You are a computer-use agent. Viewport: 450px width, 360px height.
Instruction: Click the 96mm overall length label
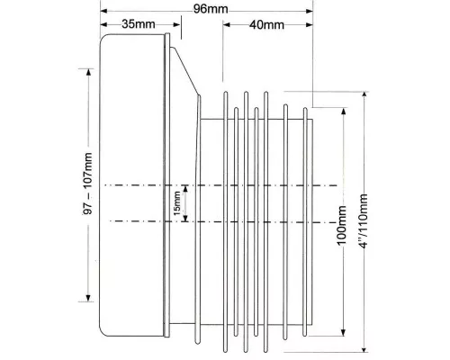tap(211, 9)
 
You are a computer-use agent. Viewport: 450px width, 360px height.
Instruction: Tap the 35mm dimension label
tap(139, 24)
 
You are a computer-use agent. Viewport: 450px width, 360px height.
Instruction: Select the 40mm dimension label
tap(266, 24)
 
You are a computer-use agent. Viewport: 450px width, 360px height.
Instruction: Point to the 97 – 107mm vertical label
tap(87, 184)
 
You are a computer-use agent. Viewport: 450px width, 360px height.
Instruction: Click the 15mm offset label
tap(177, 203)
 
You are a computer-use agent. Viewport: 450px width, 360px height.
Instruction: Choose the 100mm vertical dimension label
tap(342, 225)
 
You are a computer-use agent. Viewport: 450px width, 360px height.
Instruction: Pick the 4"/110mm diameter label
tap(364, 221)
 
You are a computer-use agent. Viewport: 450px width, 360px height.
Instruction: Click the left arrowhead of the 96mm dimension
tap(103, 11)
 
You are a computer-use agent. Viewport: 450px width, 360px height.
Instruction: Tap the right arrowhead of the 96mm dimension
tap(310, 11)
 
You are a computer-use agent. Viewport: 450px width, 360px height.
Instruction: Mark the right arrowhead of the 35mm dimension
tap(177, 24)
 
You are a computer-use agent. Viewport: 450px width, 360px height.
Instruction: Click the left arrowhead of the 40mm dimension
tap(227, 24)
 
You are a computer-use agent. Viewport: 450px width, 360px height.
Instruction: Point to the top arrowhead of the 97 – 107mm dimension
tap(88, 73)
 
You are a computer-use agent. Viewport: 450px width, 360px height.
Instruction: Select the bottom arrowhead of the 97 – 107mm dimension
tap(88, 298)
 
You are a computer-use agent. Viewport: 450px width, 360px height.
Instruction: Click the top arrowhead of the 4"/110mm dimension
tap(364, 95)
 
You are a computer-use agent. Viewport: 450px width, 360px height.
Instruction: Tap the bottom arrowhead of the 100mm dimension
tap(344, 333)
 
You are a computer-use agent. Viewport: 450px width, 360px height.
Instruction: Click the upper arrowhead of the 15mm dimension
tap(185, 189)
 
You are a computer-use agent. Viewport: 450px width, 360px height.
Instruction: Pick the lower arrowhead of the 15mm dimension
tap(185, 218)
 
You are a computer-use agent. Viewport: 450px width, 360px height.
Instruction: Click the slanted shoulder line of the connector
tap(186, 71)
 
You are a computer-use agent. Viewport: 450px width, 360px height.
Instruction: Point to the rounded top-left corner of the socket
tap(103, 37)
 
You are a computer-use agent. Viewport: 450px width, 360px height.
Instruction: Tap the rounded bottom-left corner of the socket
tap(103, 332)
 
